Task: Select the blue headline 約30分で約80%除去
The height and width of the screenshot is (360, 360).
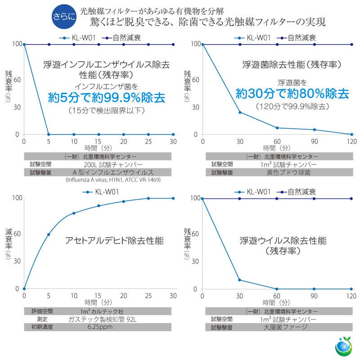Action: point(292,94)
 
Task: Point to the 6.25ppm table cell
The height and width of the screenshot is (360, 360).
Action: point(100,327)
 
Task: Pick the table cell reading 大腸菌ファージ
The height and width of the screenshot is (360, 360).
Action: point(285,327)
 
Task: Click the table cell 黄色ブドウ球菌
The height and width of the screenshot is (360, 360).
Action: point(285,172)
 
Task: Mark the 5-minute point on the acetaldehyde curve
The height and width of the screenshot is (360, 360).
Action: point(49,234)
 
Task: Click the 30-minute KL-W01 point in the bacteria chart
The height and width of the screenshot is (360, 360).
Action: point(240,112)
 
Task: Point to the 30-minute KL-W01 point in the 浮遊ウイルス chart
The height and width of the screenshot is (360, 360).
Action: point(240,280)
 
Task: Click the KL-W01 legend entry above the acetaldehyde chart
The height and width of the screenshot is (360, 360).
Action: point(99,192)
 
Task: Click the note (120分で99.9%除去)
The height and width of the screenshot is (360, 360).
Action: point(292,107)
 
